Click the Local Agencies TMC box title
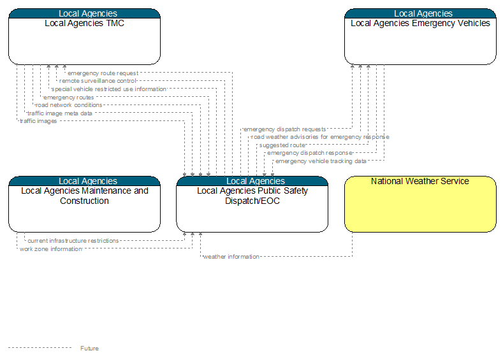coord(84,24)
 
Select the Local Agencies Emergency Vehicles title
coord(420,24)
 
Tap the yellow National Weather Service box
coord(420,204)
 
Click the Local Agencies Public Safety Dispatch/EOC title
coord(252,196)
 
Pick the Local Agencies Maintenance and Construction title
coord(85,196)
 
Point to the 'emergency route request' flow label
coord(103,73)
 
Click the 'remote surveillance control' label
coord(98,81)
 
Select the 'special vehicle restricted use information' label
coord(109,89)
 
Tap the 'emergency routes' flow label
coord(69,97)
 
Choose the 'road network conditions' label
coord(69,105)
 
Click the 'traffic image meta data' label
coord(60,113)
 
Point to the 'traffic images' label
coord(38,121)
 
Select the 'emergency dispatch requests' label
coord(285,129)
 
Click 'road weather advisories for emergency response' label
coord(320,137)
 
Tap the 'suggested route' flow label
coord(282,145)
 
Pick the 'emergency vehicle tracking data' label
coord(321,161)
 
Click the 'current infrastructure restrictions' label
coord(73,240)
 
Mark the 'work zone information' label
coord(51,248)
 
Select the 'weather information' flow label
coord(231,256)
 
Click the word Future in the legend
coord(89,348)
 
